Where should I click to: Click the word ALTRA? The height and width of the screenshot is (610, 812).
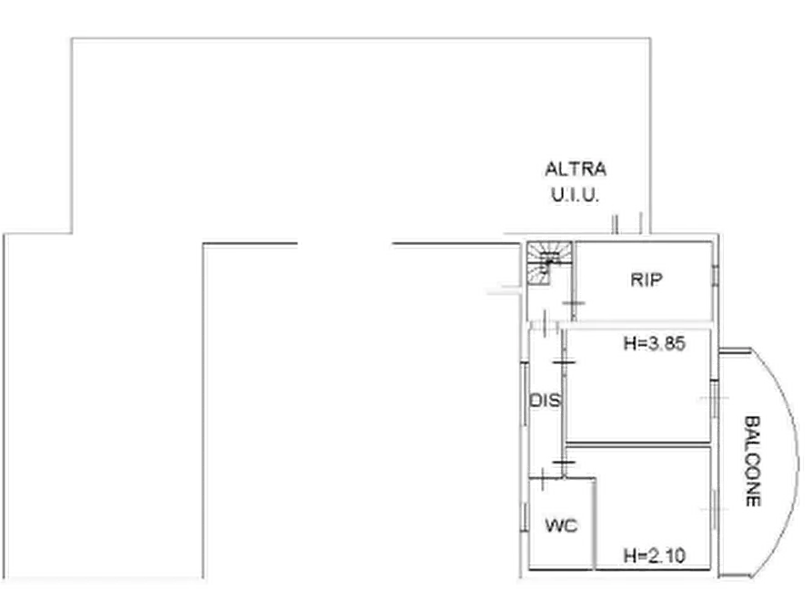click(x=576, y=169)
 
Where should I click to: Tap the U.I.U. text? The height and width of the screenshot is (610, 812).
click(x=575, y=195)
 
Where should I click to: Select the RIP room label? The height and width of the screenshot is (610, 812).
click(x=647, y=280)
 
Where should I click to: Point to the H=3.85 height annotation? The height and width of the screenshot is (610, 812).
click(x=655, y=343)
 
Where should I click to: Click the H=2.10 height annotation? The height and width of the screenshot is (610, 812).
click(x=655, y=555)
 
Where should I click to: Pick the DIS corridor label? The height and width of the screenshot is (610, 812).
click(x=546, y=401)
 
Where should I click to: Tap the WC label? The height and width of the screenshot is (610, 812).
click(x=561, y=526)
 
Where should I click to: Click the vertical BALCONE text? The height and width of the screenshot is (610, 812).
click(x=753, y=461)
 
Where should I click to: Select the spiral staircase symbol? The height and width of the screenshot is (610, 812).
click(x=549, y=263)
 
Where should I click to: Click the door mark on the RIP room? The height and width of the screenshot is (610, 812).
click(x=574, y=303)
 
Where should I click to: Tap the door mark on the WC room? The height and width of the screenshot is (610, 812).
click(x=542, y=479)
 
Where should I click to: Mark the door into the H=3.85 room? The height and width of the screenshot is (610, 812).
click(x=564, y=361)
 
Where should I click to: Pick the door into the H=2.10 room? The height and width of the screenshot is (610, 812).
click(x=564, y=461)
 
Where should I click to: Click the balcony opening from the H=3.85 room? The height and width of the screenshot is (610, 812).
click(x=714, y=399)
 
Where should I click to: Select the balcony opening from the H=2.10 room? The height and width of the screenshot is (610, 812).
click(x=714, y=509)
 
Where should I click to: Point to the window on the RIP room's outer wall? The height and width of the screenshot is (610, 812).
click(x=715, y=275)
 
